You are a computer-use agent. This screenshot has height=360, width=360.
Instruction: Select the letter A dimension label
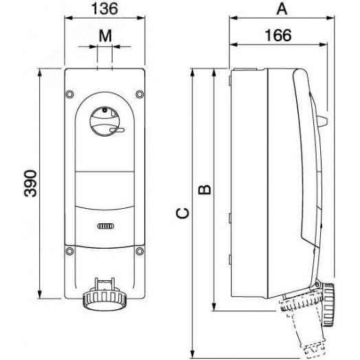281,9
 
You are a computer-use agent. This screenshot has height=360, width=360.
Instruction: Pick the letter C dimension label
181,214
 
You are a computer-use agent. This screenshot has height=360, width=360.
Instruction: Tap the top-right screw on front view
139,95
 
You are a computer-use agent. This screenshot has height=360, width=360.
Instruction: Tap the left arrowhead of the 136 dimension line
68,20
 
